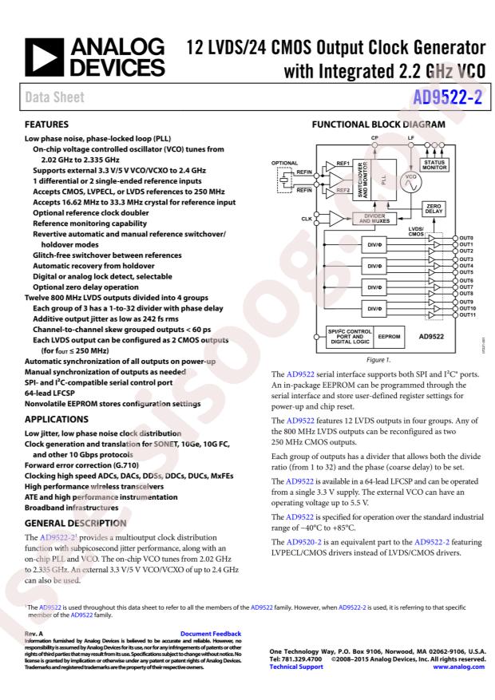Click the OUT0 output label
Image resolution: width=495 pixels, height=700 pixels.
(x=466, y=238)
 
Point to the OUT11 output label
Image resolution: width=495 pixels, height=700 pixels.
(x=468, y=314)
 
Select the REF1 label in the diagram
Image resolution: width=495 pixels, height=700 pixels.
(x=343, y=162)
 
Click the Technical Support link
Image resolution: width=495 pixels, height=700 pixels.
(x=287, y=667)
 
